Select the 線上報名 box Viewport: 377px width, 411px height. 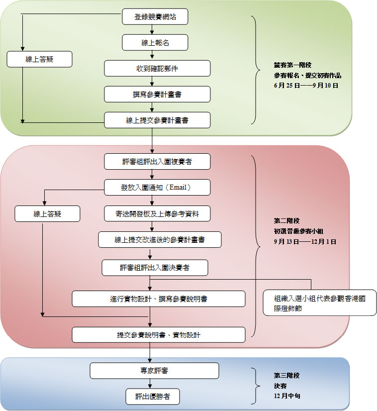pos(155,43)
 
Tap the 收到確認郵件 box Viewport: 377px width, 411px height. pos(157,69)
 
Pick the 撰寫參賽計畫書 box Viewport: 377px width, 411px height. pos(157,94)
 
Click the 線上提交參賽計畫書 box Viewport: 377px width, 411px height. pos(157,120)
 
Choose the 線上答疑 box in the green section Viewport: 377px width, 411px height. pos(40,59)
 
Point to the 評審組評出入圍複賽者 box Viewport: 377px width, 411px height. pos(157,162)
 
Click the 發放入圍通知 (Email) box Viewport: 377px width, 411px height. pos(157,188)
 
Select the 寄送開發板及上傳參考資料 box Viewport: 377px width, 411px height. pos(157,213)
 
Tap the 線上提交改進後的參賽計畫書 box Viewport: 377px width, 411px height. pos(160,240)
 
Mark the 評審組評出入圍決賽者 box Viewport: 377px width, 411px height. pos(155,268)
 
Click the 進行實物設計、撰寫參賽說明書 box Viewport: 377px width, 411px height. pos(159,299)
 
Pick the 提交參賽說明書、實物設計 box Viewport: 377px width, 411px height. pos(159,335)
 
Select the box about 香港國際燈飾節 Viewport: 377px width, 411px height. pos(319,303)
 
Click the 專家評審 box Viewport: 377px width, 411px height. pos(154,371)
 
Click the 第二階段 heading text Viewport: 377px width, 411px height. pos(287,220)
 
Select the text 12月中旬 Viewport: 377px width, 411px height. pos(287,397)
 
